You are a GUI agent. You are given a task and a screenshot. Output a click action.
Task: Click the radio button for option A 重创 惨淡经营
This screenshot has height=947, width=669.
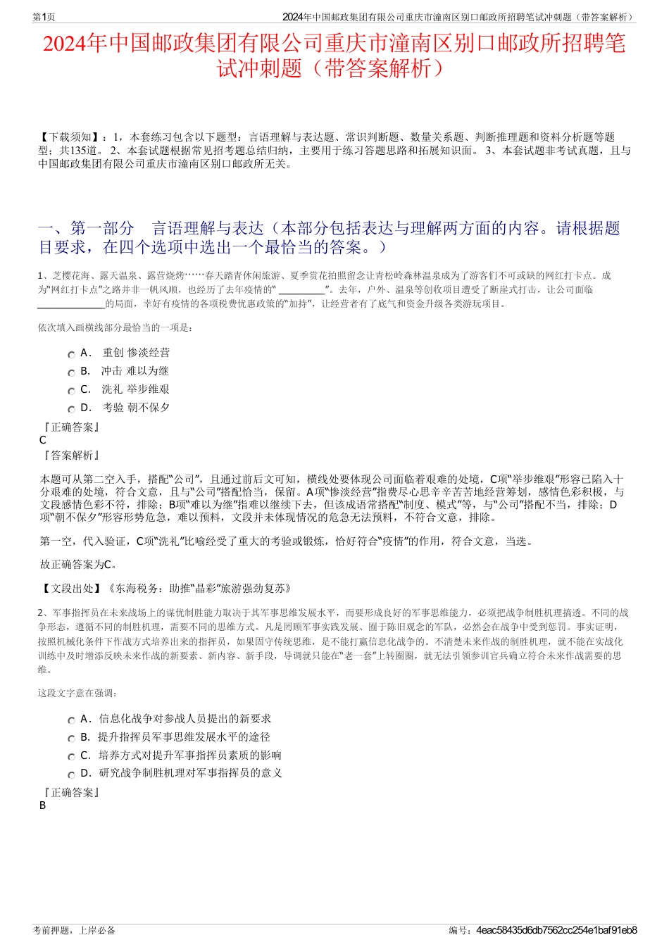tap(71, 355)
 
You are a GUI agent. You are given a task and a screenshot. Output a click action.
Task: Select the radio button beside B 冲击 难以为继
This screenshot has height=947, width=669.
tap(71, 373)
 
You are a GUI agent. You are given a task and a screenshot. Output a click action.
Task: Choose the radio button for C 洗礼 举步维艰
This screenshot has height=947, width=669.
tap(71, 391)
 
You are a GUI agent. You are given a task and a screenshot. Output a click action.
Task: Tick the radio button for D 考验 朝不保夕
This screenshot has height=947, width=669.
tap(71, 410)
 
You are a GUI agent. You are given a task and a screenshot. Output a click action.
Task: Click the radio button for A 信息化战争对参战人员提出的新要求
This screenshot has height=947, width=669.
tap(71, 721)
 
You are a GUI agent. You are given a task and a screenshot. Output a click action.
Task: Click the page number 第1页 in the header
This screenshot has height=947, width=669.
tap(44, 17)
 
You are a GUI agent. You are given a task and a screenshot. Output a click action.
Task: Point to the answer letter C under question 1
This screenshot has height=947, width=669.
tap(43, 440)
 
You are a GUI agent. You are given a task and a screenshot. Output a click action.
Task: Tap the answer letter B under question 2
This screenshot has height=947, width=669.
tap(43, 805)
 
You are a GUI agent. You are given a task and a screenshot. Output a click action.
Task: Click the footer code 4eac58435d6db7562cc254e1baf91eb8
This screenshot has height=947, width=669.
tap(556, 930)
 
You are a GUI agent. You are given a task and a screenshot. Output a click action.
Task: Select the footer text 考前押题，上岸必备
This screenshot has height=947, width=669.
tap(74, 930)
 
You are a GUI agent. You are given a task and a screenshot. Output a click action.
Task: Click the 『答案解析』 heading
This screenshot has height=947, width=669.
tap(71, 456)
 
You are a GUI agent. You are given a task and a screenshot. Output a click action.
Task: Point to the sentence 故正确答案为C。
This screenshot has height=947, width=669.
tap(80, 564)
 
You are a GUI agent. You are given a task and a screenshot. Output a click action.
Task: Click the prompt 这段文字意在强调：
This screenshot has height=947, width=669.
tap(77, 693)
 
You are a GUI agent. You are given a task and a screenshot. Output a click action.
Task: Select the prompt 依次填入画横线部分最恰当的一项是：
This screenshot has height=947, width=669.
tap(115, 327)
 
